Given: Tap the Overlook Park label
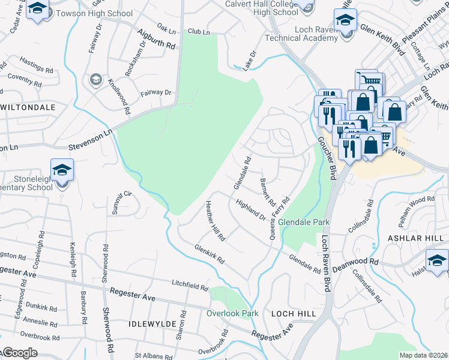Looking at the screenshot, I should click(x=232, y=313).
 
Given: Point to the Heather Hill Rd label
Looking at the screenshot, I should click(x=214, y=220).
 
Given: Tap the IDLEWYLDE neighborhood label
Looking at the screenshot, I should click(x=151, y=323).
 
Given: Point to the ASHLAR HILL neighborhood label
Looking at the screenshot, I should click(x=424, y=238).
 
